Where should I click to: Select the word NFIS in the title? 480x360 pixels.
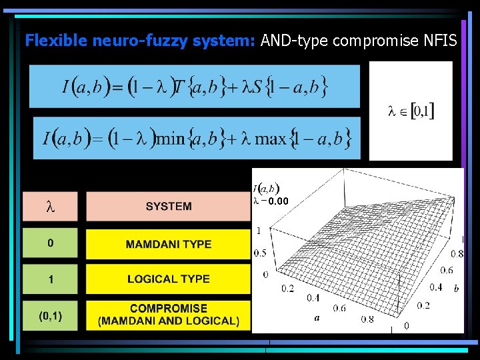coord(440,41)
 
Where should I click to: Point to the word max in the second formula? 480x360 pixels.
coord(271,139)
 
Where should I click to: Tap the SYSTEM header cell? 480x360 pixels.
coord(169,207)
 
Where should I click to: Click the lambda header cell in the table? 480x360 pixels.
coord(50,207)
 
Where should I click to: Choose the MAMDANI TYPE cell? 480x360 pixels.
coord(169,244)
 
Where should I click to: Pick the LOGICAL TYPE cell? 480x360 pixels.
coord(169,279)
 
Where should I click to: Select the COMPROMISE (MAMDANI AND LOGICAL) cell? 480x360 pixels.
coord(169,315)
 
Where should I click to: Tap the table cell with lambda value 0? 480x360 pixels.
coord(50,244)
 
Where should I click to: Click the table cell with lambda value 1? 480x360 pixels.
coord(50,279)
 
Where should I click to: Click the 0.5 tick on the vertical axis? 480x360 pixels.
coord(259,253)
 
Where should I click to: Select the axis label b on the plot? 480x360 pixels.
coord(456,288)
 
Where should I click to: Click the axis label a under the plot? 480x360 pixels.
coord(317,318)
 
